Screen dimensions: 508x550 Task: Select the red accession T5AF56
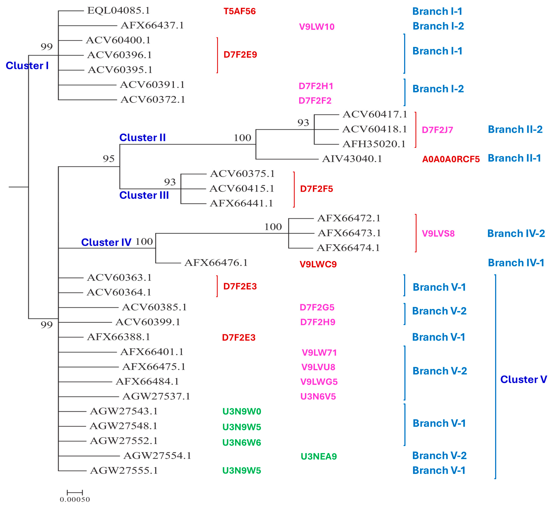[240, 11]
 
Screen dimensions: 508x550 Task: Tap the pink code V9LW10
[317, 27]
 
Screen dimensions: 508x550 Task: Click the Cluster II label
[142, 137]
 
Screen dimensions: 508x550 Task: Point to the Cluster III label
[144, 195]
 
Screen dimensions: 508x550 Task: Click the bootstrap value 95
[108, 159]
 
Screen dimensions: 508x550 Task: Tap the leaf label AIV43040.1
[352, 159]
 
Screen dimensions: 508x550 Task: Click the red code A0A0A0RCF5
[451, 159]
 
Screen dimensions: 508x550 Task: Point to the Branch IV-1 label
[516, 262]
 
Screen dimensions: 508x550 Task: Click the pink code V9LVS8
[438, 233]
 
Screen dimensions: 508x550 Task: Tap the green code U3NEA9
[319, 456]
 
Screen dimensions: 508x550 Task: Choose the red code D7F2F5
[316, 189]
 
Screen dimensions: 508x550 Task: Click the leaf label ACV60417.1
[374, 114]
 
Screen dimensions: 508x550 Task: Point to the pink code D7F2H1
[316, 86]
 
